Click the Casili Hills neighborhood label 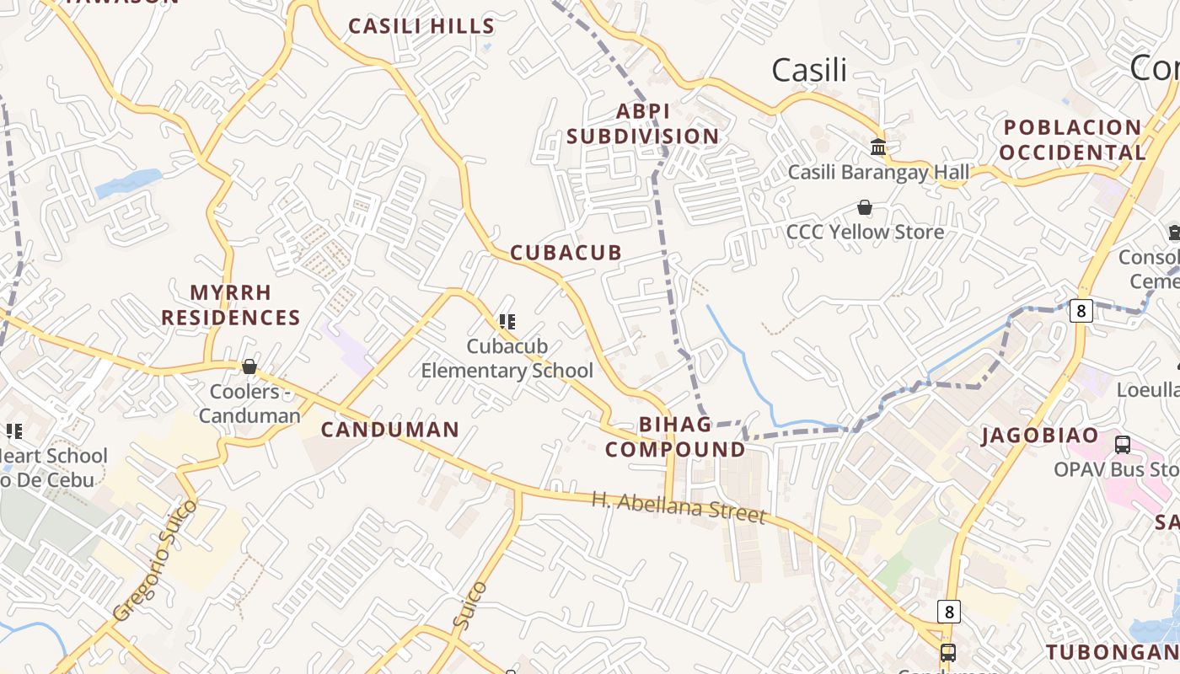click(x=421, y=26)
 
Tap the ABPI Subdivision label click(x=643, y=124)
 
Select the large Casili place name click(x=809, y=70)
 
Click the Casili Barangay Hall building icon click(x=878, y=147)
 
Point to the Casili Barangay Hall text click(x=878, y=173)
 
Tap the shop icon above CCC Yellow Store click(x=864, y=207)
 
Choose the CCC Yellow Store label click(x=865, y=232)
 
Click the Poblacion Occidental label click(x=1073, y=140)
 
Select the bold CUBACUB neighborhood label click(x=566, y=253)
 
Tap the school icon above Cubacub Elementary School click(x=507, y=321)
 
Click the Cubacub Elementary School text click(x=507, y=358)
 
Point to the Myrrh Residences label click(x=231, y=305)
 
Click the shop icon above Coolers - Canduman click(x=249, y=366)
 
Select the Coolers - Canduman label click(x=249, y=404)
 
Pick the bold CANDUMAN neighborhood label click(x=390, y=430)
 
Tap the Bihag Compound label click(x=675, y=436)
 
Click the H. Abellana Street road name click(x=678, y=507)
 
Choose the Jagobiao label click(x=1040, y=436)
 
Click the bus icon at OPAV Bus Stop click(x=1123, y=444)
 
